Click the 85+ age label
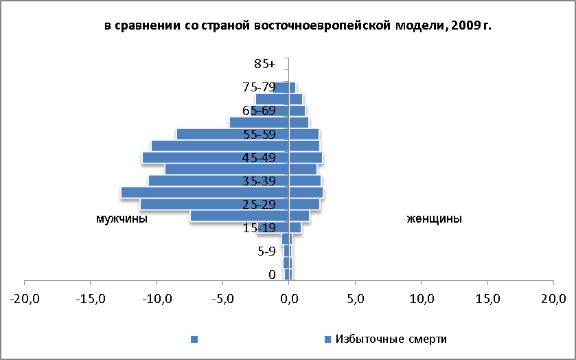(x=264, y=64)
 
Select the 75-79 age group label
(x=259, y=87)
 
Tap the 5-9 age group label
(x=266, y=251)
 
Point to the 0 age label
(x=272, y=275)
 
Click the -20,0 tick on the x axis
(x=25, y=299)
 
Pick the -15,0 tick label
(x=91, y=299)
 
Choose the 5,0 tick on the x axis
(x=355, y=299)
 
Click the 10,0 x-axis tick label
(x=422, y=299)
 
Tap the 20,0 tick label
(x=553, y=299)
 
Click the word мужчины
(x=122, y=218)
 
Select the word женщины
(x=434, y=218)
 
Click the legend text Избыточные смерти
(x=391, y=339)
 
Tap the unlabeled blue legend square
(x=194, y=339)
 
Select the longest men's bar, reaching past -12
(x=205, y=192)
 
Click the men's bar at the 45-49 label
(x=216, y=157)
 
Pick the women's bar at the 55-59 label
(x=304, y=134)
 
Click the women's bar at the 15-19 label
(x=295, y=227)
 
